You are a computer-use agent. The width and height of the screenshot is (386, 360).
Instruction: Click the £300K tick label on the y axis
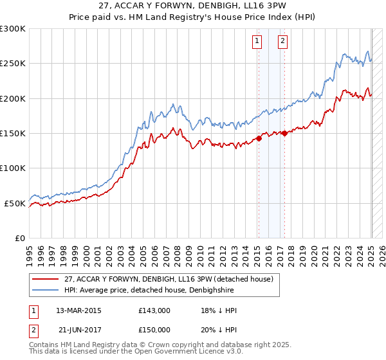[13, 29]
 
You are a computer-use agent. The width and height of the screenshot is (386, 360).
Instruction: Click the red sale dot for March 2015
[258, 138]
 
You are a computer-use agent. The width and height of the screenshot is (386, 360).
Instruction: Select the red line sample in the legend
[46, 279]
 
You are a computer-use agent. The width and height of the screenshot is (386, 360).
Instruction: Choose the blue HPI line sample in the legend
[46, 290]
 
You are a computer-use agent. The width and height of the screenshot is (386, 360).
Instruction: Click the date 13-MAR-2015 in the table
[75, 310]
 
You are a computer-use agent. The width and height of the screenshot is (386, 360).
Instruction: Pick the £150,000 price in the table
[154, 329]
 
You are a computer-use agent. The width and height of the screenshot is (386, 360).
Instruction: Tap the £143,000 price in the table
[154, 310]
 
